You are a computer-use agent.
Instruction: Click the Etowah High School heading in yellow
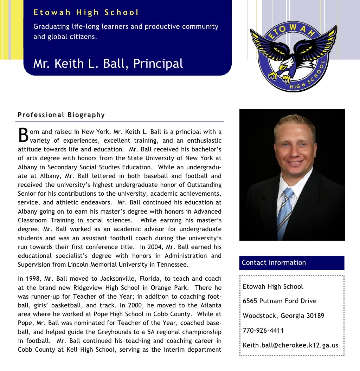[86, 13]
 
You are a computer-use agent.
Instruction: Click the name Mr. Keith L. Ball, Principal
[108, 64]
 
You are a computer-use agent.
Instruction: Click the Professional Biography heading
[61, 115]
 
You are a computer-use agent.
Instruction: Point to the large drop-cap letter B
[23, 135]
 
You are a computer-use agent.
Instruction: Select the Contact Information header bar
[292, 263]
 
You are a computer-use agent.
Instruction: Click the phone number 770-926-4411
[263, 330]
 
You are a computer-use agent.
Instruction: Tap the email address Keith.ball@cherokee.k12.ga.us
[290, 345]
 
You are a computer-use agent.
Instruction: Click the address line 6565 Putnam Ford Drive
[279, 301]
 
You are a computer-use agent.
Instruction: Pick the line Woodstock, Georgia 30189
[283, 315]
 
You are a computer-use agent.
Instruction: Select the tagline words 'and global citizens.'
[65, 37]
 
